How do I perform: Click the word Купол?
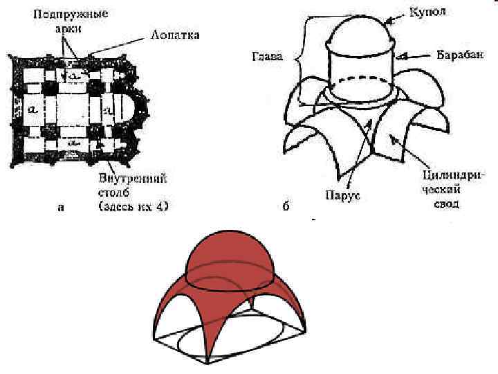pos(426,12)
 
